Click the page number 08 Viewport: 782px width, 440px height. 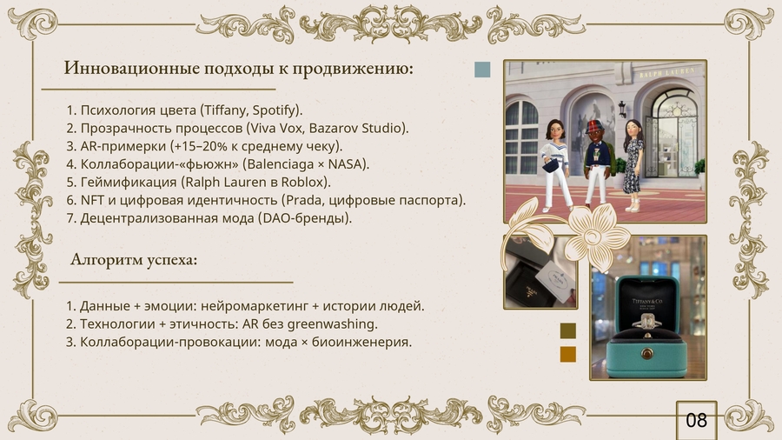pos(696,420)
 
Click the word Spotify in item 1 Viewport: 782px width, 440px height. pos(274,110)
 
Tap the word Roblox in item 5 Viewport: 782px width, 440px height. pos(302,182)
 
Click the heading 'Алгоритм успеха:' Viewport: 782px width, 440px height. pos(134,259)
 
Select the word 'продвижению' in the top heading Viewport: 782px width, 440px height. pos(353,69)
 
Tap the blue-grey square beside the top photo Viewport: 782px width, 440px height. pos(482,70)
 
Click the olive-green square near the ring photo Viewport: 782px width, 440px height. pos(568,330)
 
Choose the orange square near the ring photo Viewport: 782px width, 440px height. pos(568,354)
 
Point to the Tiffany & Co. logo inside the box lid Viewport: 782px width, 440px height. pos(647,303)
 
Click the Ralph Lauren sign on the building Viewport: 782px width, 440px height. pos(666,73)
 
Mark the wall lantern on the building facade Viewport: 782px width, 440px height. pos(622,109)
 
